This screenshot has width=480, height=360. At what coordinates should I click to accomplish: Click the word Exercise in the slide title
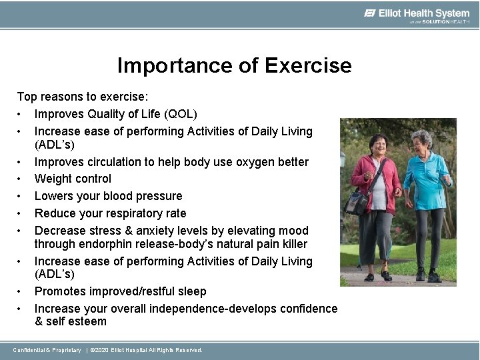[308, 65]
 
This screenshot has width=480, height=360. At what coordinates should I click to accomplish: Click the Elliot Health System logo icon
[371, 13]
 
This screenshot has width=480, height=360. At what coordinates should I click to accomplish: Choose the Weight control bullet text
[73, 179]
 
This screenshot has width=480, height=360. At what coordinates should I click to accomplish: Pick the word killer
[291, 244]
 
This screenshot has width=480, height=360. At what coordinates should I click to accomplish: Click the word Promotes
[60, 291]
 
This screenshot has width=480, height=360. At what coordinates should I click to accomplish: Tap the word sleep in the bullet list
[191, 291]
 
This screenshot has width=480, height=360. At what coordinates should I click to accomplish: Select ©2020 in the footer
[99, 350]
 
